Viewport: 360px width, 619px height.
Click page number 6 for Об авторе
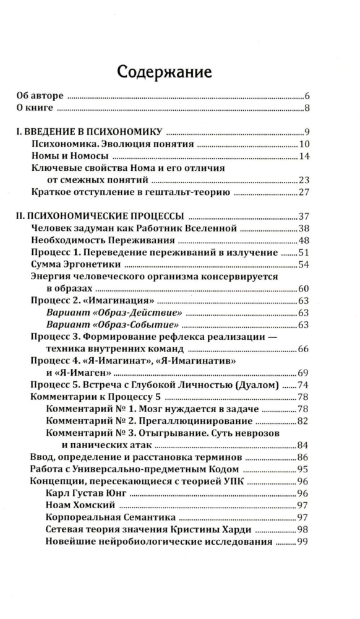[x=307, y=97]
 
